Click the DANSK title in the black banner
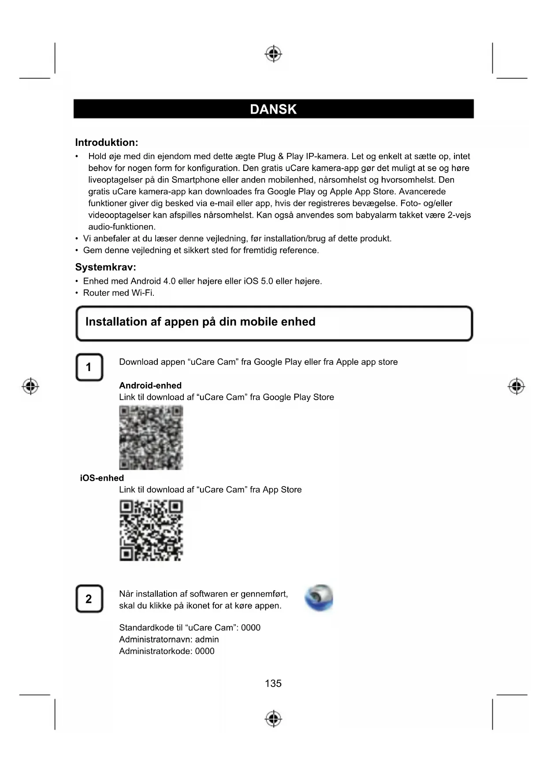pos(273,109)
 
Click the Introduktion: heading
pos(107,142)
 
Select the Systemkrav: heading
pos(105,267)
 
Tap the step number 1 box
pos(89,367)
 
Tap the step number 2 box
pos(89,599)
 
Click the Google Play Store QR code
pos(151,437)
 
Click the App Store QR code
pos(151,530)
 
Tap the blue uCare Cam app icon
pos(319,598)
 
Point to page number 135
pos(273,684)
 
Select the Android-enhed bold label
pos(150,386)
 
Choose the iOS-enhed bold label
pos(102,478)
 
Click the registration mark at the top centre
pos(273,54)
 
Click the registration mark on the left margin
pos(30,386)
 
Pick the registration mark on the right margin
pos(516,386)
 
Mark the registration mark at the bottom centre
pos(273,719)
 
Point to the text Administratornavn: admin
pos(169,639)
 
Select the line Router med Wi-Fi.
pos(119,293)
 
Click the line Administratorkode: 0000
pos(167,651)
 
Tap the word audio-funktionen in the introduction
pos(122,227)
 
